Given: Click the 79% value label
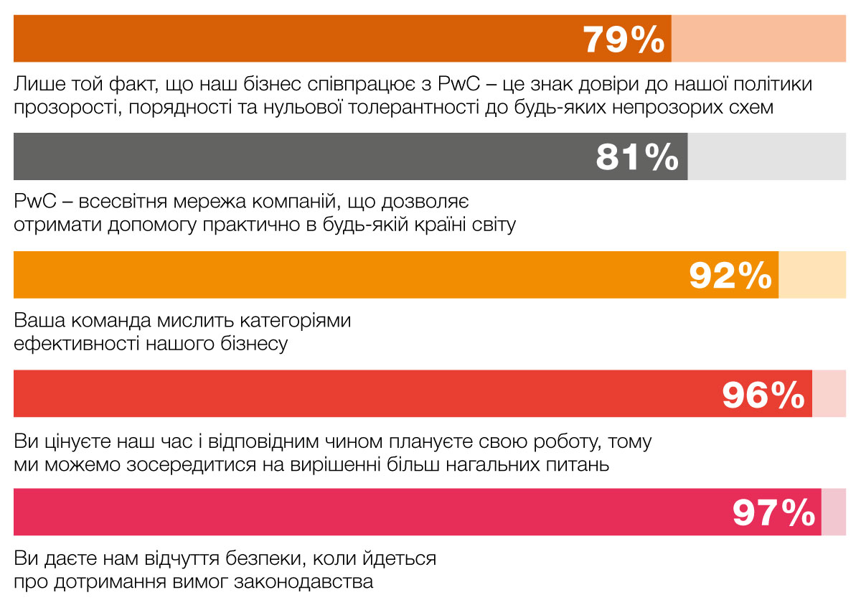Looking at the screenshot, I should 624,39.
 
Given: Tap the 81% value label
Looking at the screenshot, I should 637,157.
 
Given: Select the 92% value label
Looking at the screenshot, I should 730,275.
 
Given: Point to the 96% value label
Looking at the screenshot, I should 763,394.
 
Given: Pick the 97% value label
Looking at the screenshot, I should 773,512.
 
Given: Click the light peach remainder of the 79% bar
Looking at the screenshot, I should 758,39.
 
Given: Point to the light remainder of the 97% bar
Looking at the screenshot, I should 834,512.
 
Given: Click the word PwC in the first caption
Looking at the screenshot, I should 459,85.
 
